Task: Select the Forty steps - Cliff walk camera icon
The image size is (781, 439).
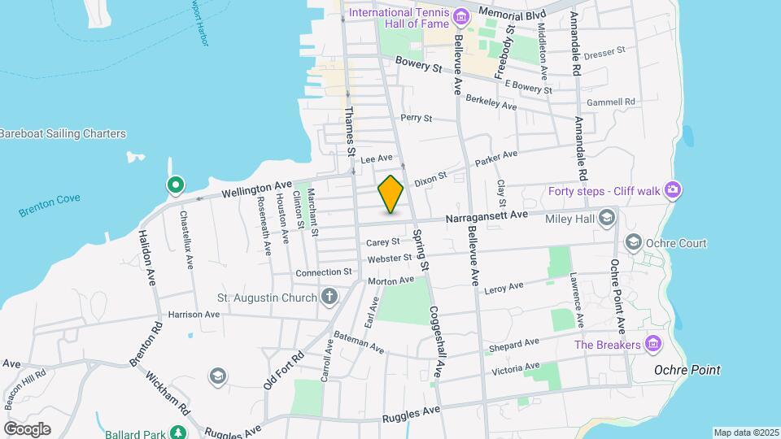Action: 672,189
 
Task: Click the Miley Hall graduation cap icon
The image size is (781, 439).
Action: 606,217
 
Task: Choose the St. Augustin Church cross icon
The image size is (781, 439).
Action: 329,298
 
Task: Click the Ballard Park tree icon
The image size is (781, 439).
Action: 177,432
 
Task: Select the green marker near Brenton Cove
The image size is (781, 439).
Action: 174,185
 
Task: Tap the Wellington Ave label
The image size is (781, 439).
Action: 256,189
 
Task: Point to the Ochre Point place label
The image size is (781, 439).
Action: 687,370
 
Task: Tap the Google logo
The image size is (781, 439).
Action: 27,429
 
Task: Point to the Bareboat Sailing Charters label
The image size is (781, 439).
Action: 63,133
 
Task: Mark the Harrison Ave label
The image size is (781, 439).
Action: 194,314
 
